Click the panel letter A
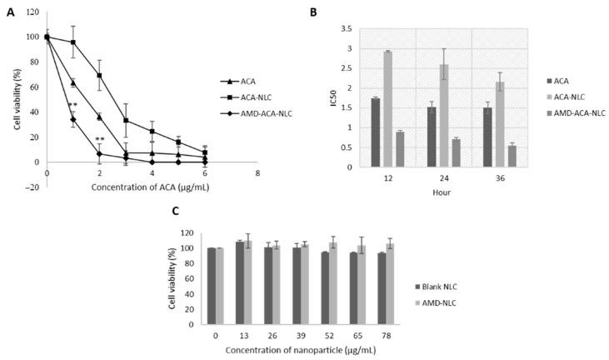10,12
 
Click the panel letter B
313,12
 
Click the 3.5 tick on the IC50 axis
345,29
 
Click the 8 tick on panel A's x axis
257,173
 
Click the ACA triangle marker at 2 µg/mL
99,117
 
